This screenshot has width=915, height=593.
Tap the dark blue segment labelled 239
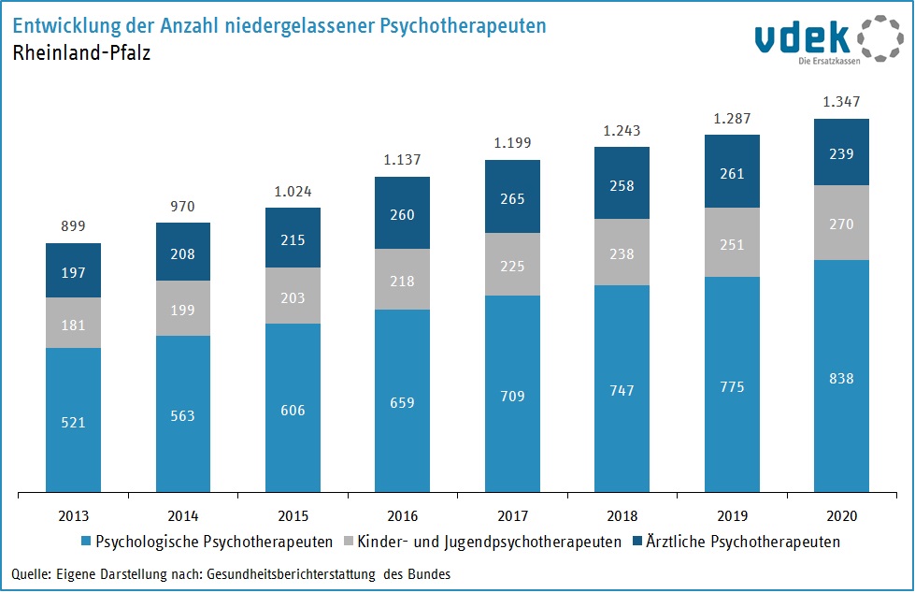[x=842, y=152]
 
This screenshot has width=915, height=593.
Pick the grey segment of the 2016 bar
[x=403, y=279]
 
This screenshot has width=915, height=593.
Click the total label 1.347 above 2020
[x=842, y=102]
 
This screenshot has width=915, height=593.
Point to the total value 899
[x=74, y=226]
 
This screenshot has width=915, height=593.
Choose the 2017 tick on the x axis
[x=512, y=516]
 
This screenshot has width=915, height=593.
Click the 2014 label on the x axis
[x=183, y=516]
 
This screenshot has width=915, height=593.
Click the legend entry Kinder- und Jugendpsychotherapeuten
[x=486, y=542]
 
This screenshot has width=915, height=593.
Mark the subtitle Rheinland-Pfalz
[x=81, y=53]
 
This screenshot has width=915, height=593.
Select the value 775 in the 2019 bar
[x=732, y=386]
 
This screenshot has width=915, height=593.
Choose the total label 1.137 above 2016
[x=403, y=159]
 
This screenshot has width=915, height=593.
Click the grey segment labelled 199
[x=183, y=308]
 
